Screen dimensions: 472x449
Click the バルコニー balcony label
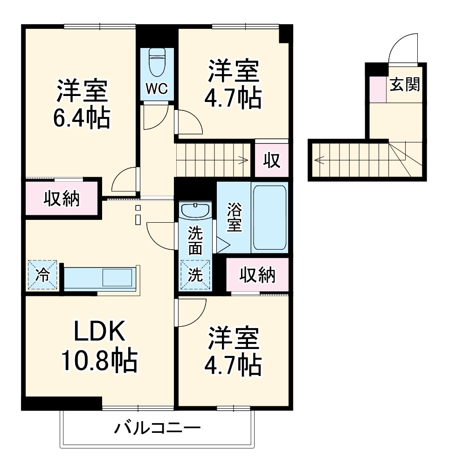158,427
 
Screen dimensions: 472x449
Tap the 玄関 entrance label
405,85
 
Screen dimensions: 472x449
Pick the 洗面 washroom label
195,240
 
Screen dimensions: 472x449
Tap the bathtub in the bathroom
269,218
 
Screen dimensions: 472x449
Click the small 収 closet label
271,161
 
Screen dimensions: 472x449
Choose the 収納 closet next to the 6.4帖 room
62,199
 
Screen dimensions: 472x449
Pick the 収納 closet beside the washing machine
257,275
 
